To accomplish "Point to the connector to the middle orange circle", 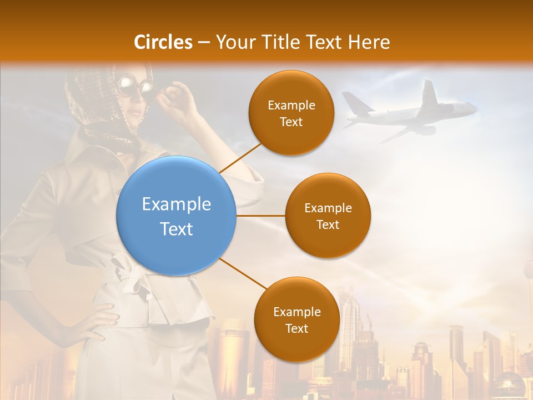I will pos(260,216).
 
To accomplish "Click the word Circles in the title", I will pos(163,42).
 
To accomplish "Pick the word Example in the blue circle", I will pos(177,204).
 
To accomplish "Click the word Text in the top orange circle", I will pos(291,122).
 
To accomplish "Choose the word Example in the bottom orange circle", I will pos(296,312).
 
